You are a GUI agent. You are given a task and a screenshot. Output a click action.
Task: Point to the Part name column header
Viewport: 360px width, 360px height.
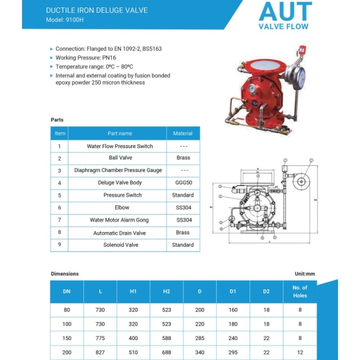(x=120, y=133)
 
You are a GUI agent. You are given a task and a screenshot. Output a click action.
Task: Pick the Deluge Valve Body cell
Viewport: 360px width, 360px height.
(x=120, y=183)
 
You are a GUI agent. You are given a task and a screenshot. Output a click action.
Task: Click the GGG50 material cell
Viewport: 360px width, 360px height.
(x=183, y=183)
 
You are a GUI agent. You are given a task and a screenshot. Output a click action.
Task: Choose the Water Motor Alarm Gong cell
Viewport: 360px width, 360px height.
(x=120, y=220)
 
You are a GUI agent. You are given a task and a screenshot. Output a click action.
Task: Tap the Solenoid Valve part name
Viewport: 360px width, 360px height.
(x=120, y=245)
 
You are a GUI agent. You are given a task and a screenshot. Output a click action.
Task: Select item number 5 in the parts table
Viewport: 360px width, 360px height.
(x=59, y=195)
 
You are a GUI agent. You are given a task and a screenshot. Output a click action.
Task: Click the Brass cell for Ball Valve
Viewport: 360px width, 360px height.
(x=183, y=158)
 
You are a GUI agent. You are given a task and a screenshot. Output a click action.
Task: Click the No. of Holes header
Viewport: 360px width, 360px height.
(x=299, y=291)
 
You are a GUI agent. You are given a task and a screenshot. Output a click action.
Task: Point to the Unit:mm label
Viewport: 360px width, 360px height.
(x=304, y=274)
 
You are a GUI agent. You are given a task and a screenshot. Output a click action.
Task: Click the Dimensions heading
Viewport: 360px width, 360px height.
(x=65, y=274)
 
